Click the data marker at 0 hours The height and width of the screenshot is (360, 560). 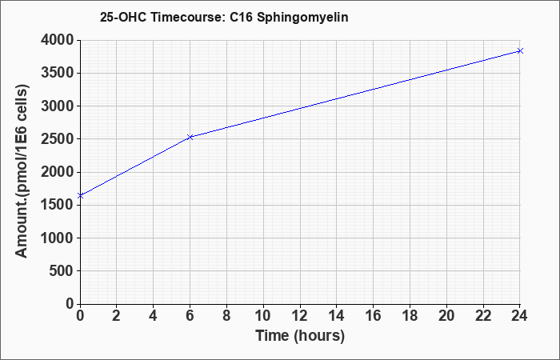(80, 196)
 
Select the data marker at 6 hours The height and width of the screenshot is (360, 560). (190, 137)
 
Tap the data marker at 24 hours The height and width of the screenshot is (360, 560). (520, 51)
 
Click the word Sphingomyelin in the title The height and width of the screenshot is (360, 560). (302, 18)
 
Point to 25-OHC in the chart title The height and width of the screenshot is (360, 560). (123, 17)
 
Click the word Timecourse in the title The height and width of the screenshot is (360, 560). (187, 17)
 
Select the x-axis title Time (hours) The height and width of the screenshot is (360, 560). (300, 336)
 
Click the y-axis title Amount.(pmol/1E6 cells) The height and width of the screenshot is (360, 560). (22, 171)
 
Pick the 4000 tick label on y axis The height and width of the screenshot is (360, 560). (58, 40)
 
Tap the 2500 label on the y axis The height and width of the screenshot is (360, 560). (58, 139)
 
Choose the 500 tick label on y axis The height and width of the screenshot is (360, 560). (62, 271)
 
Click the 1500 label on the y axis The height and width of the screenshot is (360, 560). (58, 205)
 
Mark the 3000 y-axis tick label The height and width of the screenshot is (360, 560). (58, 106)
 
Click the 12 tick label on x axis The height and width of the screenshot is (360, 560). (300, 316)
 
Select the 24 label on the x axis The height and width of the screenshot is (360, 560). (519, 316)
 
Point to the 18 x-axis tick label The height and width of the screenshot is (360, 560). (410, 316)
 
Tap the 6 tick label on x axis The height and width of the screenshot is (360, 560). (190, 316)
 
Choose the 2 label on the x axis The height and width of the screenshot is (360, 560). (117, 316)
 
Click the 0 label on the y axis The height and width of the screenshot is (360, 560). (70, 304)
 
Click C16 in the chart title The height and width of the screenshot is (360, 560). (241, 17)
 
